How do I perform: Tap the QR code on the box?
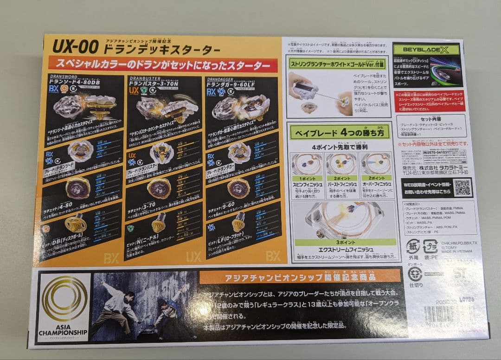462,187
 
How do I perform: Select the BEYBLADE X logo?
424,50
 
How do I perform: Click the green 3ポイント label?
344,242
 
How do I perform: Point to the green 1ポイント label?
307,178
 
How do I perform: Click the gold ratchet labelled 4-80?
77,187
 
